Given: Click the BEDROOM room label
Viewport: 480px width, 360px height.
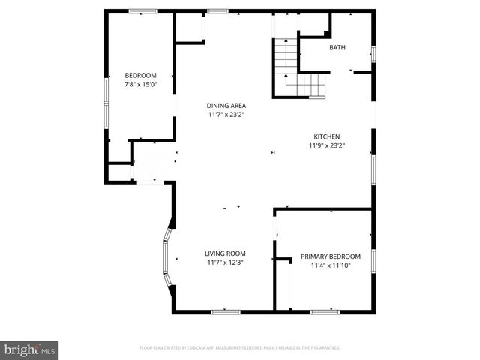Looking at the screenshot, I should [140, 75].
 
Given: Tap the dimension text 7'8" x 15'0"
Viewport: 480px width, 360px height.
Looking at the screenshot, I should [140, 84].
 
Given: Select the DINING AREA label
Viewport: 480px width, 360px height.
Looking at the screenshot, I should [226, 106].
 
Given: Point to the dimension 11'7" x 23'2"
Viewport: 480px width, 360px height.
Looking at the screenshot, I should [226, 115].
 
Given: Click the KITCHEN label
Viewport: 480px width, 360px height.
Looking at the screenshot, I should [327, 136].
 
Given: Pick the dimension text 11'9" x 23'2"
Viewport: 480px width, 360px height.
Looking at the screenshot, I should [327, 145].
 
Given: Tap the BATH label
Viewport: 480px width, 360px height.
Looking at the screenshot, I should [337, 49].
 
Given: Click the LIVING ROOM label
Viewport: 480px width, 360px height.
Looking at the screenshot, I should [226, 253].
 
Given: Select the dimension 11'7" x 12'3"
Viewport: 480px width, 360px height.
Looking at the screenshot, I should [226, 262].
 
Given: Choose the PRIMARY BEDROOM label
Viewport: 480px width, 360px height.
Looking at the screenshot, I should [331, 256].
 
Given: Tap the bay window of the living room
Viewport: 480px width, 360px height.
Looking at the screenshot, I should [166, 258].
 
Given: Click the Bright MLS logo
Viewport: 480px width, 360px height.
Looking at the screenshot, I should [29, 349].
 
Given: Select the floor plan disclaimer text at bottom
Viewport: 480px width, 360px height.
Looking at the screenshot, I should [240, 348].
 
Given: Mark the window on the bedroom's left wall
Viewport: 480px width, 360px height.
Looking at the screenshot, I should [106, 101].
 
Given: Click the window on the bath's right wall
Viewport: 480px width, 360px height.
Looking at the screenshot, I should [373, 54].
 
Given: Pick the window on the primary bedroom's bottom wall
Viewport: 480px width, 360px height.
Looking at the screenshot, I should [325, 310].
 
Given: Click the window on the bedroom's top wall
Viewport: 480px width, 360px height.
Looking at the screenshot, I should [142, 10].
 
